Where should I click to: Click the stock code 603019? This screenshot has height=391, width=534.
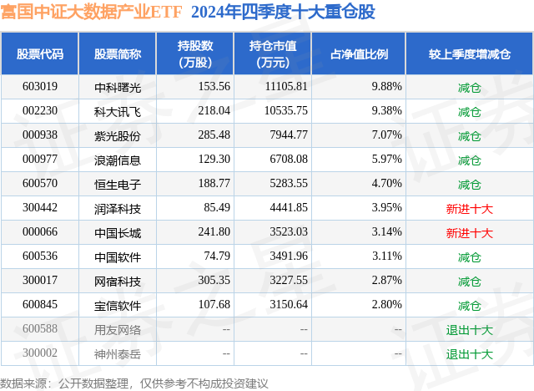tap(40, 87)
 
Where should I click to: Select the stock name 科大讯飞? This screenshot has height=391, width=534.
tap(118, 111)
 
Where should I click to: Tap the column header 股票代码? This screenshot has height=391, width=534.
tap(40, 54)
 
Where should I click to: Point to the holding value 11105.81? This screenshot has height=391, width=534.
tap(284, 87)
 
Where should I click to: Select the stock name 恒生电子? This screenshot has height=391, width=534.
tap(118, 184)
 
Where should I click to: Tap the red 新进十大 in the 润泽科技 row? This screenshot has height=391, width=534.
tap(469, 208)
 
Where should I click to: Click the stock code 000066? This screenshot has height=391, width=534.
tap(40, 232)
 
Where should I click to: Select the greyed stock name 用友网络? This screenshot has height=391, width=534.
tap(118, 329)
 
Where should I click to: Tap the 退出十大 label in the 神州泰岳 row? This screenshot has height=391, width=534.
tap(469, 353)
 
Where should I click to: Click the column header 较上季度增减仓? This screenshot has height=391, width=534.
tap(469, 54)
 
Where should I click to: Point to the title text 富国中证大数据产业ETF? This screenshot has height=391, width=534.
tap(93, 12)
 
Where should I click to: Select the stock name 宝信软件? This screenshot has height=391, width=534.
tap(118, 305)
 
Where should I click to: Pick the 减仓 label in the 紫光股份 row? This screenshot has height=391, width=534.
tap(469, 135)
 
